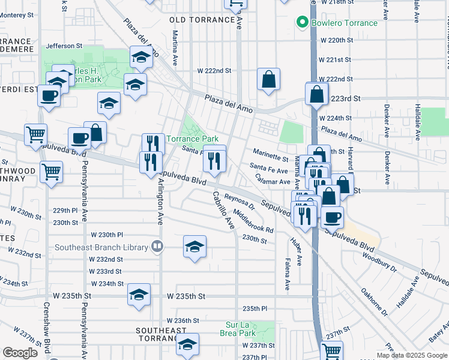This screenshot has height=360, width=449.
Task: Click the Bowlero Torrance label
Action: pos(345,23)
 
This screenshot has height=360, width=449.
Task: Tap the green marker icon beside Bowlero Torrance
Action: pos(304,23)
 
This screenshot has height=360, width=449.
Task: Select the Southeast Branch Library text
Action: pos(101,247)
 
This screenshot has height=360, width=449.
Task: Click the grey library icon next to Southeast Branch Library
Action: pos(157,246)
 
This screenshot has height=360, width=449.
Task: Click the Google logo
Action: pos(20,353)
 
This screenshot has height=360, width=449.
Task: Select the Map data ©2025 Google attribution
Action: pos(412,355)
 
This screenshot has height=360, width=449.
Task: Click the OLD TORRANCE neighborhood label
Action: pos(202,20)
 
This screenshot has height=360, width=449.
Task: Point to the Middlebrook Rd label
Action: pos(254,221)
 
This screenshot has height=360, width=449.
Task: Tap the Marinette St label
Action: pos(270,152)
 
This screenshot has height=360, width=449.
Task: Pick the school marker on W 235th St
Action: pos(139,295)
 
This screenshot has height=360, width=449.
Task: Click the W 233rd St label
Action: pos(106,271)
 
